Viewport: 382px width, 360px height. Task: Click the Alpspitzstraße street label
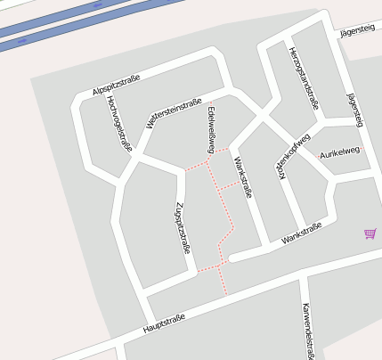(x=117, y=82)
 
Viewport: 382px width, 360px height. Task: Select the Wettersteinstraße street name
(x=170, y=115)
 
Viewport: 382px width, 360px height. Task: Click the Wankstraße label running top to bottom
(x=241, y=177)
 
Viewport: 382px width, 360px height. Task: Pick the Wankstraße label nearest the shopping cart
(x=300, y=234)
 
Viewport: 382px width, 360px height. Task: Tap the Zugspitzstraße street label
(x=183, y=228)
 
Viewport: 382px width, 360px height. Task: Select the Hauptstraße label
(x=163, y=323)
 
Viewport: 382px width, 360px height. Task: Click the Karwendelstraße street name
(x=308, y=331)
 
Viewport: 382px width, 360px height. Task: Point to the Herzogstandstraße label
(x=304, y=77)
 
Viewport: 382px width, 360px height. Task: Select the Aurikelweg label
(x=339, y=152)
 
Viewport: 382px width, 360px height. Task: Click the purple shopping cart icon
(x=370, y=233)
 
